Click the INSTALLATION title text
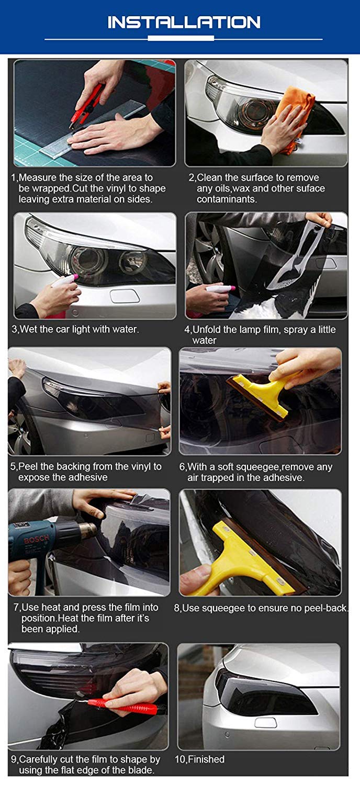pyautogui.click(x=184, y=23)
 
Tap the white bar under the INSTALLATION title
pyautogui.click(x=181, y=38)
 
